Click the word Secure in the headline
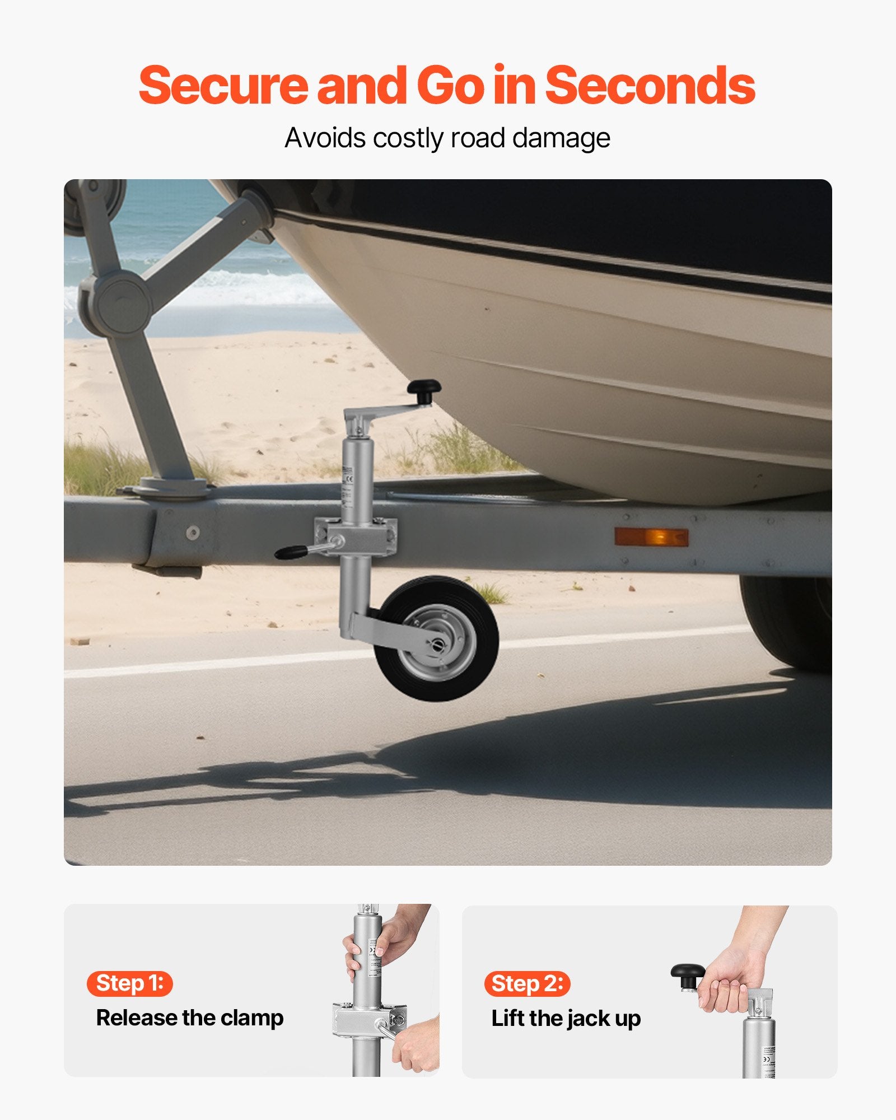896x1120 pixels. pyautogui.click(x=223, y=85)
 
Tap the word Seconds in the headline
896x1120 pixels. pyautogui.click(x=650, y=85)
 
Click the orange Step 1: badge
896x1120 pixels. pyautogui.click(x=130, y=983)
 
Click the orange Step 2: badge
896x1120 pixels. pyautogui.click(x=527, y=983)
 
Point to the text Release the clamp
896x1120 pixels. pyautogui.click(x=190, y=1018)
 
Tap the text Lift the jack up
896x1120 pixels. pyautogui.click(x=566, y=1018)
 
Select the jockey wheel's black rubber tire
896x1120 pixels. pyautogui.click(x=437, y=638)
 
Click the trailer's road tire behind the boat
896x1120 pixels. pyautogui.click(x=787, y=622)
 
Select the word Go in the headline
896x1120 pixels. pyautogui.click(x=451, y=85)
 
